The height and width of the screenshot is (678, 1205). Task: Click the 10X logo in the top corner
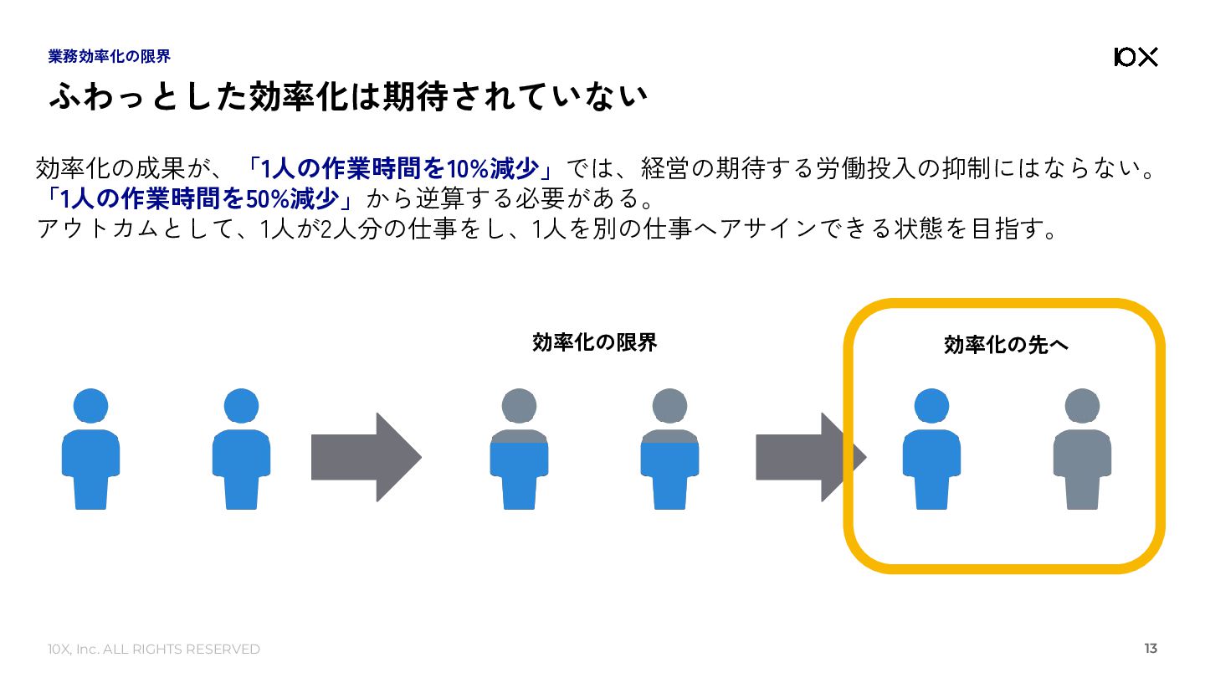tap(1136, 57)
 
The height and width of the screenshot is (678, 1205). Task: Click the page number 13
tap(1151, 649)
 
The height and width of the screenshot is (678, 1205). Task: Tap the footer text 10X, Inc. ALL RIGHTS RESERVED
tap(153, 650)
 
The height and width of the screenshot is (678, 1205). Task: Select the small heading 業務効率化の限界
tap(110, 57)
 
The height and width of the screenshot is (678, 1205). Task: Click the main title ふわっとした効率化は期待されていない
tap(348, 97)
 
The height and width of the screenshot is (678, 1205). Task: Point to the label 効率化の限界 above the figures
tap(594, 342)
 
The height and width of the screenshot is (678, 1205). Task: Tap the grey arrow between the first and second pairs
tap(366, 457)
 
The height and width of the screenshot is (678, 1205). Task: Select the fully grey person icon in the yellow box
tap(1082, 449)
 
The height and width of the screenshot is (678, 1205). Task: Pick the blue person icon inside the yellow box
tap(931, 449)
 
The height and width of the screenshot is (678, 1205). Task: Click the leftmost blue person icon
tap(90, 449)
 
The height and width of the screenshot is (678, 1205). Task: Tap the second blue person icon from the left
tap(241, 449)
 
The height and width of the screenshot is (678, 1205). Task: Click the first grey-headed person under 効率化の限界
tap(519, 449)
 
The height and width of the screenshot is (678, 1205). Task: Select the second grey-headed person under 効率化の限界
tap(669, 449)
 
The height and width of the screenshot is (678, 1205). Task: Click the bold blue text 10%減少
tap(493, 169)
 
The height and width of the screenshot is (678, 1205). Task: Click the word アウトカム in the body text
tap(91, 229)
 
